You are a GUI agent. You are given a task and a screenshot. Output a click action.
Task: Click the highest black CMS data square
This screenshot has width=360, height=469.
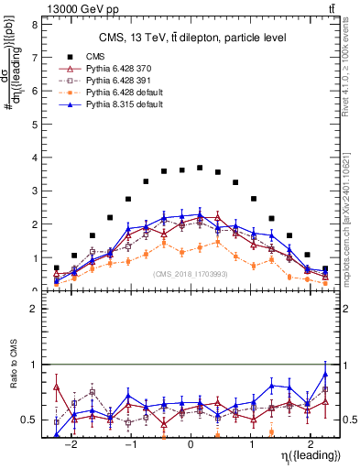[200, 169]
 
